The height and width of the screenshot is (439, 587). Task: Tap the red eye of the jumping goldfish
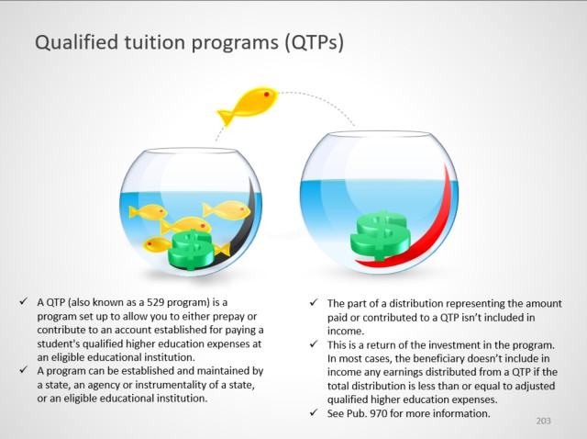267,94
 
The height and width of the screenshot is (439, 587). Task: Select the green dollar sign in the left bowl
191,250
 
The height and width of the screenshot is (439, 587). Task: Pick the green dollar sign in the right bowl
381,235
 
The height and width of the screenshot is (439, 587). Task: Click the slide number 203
543,421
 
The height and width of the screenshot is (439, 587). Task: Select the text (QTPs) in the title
314,42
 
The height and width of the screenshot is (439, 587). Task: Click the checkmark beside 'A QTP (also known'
24,301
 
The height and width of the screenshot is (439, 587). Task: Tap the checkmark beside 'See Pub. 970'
314,412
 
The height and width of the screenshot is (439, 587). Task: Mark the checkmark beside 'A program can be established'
24,369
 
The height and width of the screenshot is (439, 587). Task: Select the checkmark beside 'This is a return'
314,343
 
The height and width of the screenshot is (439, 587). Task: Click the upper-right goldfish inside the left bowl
227,210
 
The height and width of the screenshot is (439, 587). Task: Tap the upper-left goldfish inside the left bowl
148,211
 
